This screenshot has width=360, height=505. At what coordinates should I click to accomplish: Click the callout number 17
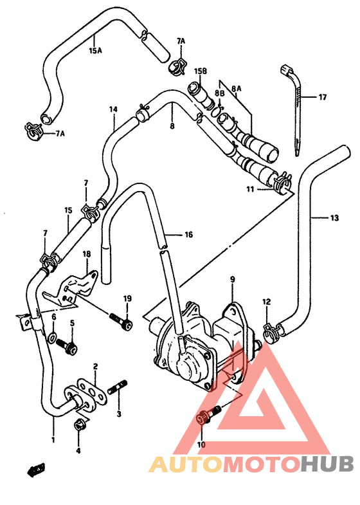[x=322, y=97]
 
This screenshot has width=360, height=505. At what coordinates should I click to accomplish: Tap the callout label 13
[x=334, y=218]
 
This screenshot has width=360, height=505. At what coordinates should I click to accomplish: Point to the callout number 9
[x=233, y=279]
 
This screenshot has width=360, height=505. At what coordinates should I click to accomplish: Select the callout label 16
[x=188, y=235]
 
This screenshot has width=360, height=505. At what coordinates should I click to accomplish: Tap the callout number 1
[x=53, y=440]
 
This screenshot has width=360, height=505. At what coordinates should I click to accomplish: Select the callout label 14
[x=113, y=109]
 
